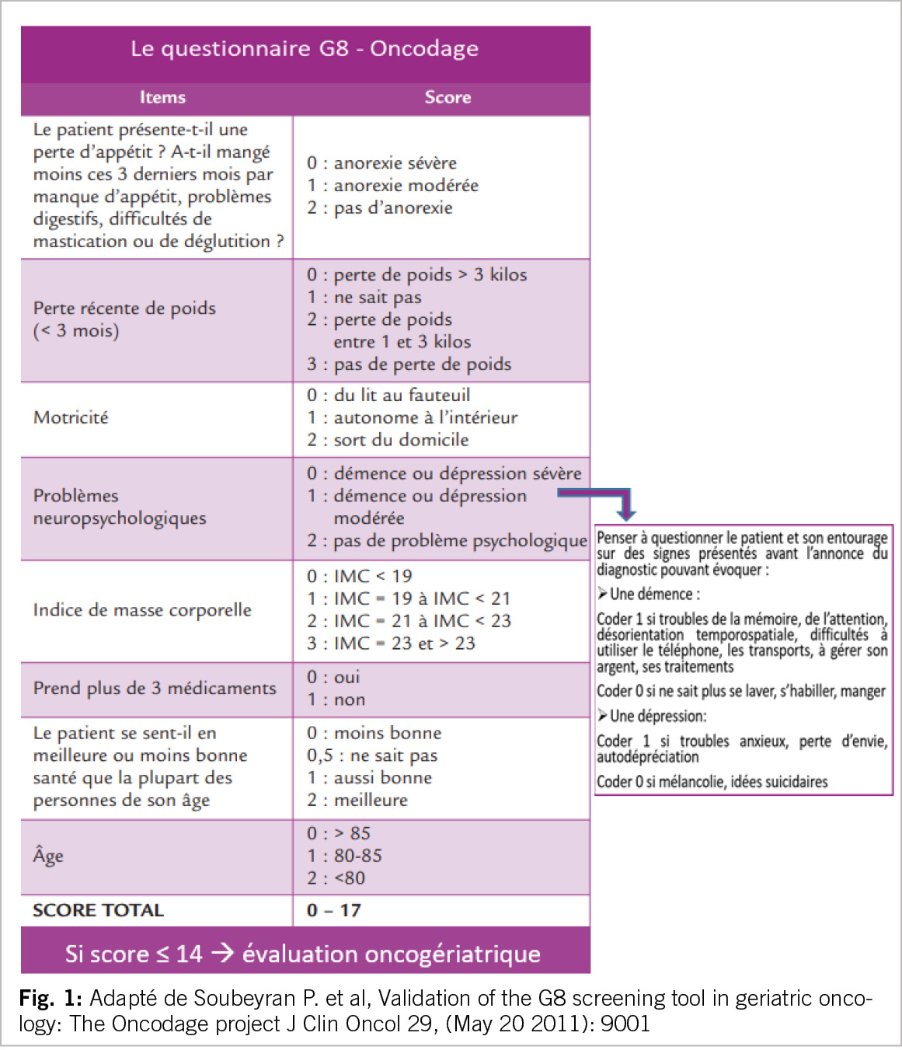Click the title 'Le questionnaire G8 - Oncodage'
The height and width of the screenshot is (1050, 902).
click(305, 49)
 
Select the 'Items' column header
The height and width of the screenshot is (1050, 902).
click(162, 97)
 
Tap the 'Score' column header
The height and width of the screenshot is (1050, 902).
click(448, 97)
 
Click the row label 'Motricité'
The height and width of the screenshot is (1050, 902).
click(71, 417)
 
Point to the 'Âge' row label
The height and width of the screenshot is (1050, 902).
click(48, 856)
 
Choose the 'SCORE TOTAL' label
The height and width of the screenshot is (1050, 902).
click(98, 910)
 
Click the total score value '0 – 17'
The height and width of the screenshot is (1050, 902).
click(334, 910)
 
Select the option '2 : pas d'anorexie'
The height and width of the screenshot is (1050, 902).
click(379, 208)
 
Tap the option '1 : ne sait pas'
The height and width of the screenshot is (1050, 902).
click(364, 297)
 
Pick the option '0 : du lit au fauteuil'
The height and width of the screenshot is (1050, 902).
click(388, 395)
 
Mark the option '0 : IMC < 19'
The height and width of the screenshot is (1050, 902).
click(359, 576)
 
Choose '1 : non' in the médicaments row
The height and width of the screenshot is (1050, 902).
click(336, 699)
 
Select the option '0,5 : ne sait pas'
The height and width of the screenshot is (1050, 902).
click(372, 755)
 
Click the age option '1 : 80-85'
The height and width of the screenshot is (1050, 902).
click(344, 856)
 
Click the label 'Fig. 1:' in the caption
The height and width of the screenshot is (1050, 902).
click(50, 998)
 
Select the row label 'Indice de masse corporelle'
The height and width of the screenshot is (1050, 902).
click(142, 610)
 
